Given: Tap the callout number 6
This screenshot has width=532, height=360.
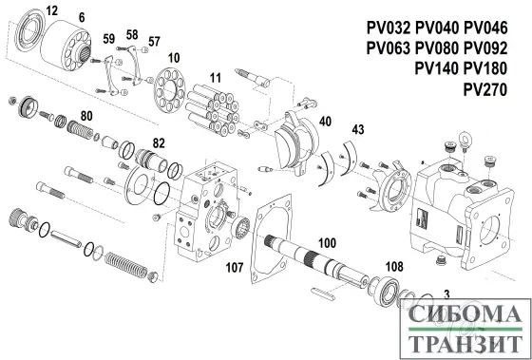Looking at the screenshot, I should pos(83,17).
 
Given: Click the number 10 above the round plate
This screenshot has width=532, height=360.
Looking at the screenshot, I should pos(174,59).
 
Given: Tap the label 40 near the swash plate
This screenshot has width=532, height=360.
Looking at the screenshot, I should pos(326,122).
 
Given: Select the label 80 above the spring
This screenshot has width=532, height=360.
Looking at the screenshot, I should pos(86,116).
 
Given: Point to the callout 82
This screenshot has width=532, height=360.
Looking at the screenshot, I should pos(159,142).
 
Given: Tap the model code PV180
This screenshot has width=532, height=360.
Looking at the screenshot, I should pos(484,70).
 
